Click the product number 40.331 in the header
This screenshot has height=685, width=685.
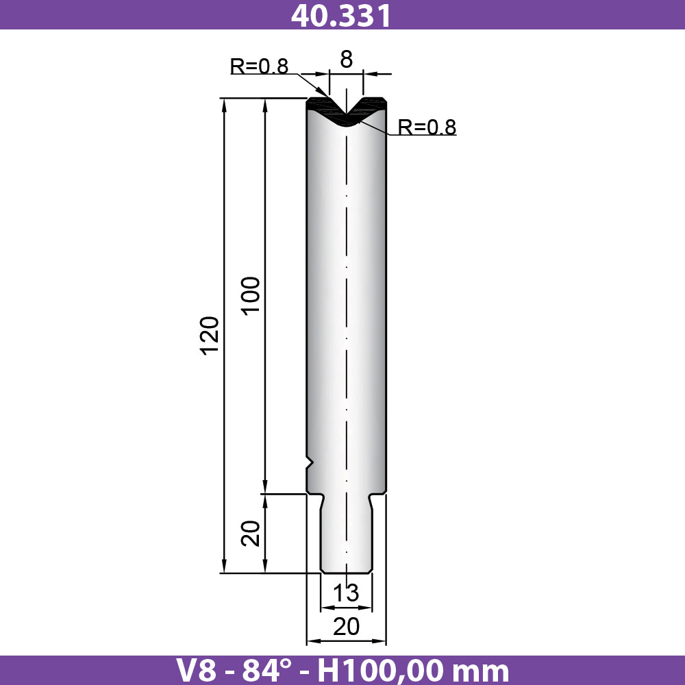point(341,15)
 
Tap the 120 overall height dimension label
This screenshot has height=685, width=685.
point(210,335)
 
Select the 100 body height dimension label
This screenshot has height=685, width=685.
point(251,295)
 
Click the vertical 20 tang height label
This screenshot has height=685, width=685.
point(251,533)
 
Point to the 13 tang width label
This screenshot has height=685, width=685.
point(346,593)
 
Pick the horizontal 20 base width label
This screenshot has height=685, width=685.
point(346,625)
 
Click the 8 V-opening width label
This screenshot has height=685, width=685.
point(346,60)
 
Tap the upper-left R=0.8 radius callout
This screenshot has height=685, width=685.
point(259,66)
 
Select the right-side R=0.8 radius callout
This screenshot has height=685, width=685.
point(427,127)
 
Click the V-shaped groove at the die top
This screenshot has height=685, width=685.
point(347,110)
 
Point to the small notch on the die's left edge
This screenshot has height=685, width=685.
point(310,463)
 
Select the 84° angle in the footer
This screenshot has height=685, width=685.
point(280,670)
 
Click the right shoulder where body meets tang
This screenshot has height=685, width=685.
point(378,495)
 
